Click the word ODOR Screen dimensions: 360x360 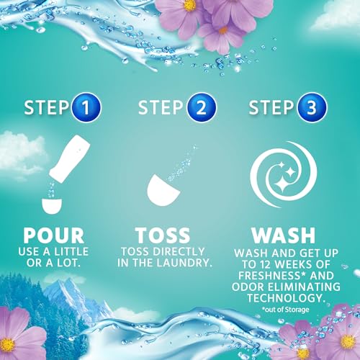[248, 285]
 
